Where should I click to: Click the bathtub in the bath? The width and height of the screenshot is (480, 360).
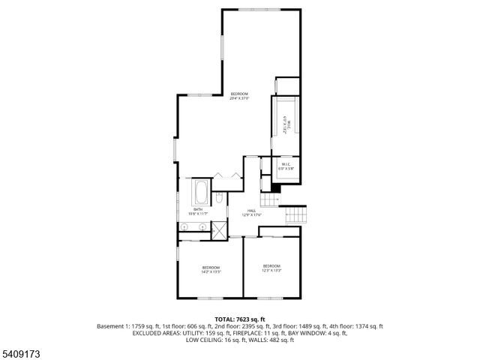pyautogui.click(x=201, y=193)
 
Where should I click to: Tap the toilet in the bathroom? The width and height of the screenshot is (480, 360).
pyautogui.click(x=218, y=199)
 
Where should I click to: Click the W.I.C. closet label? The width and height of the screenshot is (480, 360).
pyautogui.click(x=286, y=166)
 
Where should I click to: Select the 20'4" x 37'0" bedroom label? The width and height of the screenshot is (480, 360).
pyautogui.click(x=239, y=95)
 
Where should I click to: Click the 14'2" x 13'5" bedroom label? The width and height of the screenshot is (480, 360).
pyautogui.click(x=211, y=270)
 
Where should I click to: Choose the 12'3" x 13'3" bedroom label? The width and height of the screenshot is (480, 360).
pyautogui.click(x=271, y=268)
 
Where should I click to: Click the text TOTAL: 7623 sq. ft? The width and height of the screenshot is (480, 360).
pyautogui.click(x=239, y=319)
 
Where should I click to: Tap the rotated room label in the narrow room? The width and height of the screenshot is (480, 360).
pyautogui.click(x=285, y=124)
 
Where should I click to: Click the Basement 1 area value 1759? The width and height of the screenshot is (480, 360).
pyautogui.click(x=140, y=326)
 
